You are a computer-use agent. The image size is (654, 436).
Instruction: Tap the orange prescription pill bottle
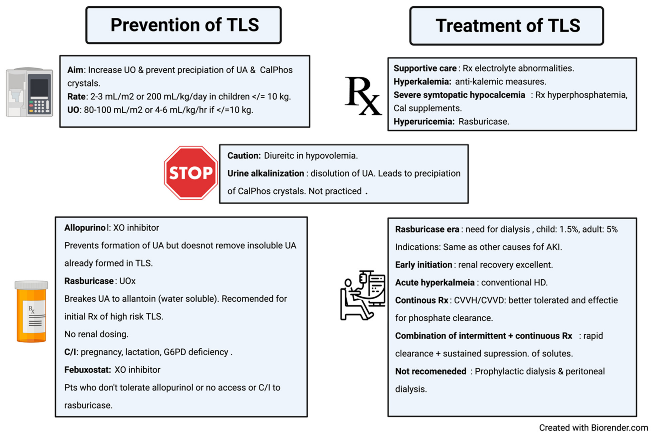pos(31,311)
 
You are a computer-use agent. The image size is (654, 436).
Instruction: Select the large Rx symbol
pos(363,96)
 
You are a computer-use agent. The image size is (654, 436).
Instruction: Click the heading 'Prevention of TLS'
pos(185,25)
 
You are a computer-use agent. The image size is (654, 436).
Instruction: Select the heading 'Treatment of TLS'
pos(508,26)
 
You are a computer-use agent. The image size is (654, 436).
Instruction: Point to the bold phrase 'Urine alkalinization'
pos(266,174)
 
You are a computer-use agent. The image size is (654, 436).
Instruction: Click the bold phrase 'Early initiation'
pos(424,265)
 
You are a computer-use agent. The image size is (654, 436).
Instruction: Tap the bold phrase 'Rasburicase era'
pos(427,229)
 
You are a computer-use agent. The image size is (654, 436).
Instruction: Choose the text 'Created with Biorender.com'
pos(593,428)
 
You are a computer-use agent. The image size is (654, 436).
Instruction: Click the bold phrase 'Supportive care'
pos(425,68)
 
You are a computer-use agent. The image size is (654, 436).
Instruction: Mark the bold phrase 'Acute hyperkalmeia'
pos(435,283)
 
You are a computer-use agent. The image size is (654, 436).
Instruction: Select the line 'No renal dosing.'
pos(96,334)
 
